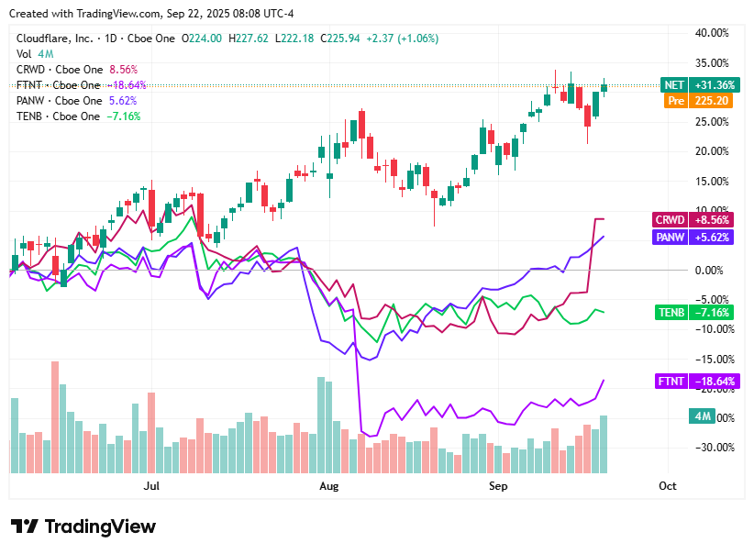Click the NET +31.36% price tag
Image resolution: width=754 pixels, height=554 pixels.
point(696,85)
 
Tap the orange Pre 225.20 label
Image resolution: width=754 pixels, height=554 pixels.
point(696,101)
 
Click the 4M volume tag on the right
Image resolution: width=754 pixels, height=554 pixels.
point(703,416)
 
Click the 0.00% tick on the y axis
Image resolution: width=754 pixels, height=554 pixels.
point(713,270)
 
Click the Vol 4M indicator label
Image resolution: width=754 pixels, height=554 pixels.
point(33,54)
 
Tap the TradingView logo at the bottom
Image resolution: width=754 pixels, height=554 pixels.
point(83,526)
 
